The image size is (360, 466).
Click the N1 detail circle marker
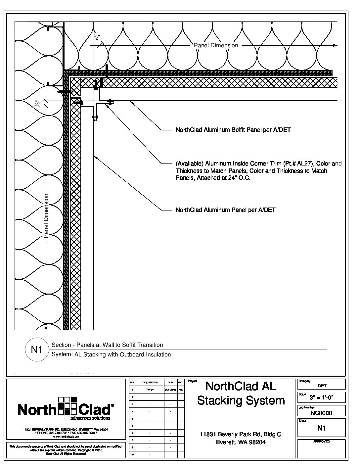[36, 349]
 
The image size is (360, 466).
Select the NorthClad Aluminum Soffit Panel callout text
[233, 130]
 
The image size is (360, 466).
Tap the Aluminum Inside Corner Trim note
[258, 170]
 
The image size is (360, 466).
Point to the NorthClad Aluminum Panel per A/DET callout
[225, 210]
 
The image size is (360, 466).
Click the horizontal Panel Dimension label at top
[216, 45]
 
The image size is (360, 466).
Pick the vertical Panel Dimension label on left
[46, 216]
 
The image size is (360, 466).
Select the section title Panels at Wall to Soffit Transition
[107, 345]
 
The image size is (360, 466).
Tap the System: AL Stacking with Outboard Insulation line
[111, 354]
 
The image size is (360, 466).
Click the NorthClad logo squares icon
[67, 406]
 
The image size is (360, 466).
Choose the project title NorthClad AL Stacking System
[241, 393]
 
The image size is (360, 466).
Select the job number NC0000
[321, 413]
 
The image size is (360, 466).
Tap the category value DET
[322, 386]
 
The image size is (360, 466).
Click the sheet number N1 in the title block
[321, 428]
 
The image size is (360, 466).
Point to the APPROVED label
[321, 442]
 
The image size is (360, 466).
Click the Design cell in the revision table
[150, 390]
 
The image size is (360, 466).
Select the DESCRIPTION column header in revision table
[150, 382]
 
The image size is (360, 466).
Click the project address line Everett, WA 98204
[241, 442]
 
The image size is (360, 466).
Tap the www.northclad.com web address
[66, 437]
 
